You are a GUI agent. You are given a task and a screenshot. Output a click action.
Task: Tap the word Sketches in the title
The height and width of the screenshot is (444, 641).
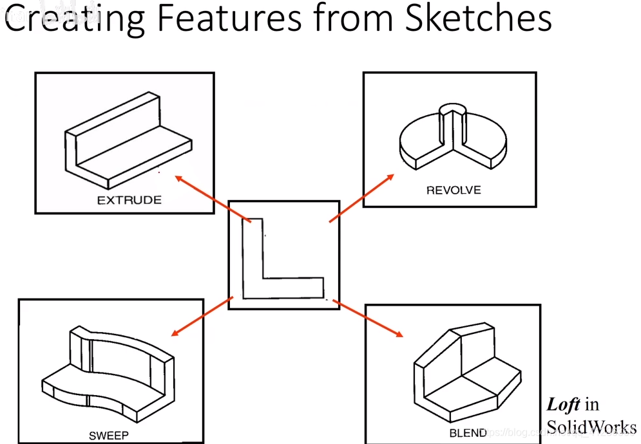point(478,19)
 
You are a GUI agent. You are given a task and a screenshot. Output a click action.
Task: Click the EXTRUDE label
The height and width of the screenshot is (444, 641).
point(129,200)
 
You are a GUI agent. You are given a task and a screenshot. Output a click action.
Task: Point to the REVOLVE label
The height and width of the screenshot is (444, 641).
point(454,190)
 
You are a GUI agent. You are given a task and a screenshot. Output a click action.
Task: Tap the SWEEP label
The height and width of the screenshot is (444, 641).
point(109,435)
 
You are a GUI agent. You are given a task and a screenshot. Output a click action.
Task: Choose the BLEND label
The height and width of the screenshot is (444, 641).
point(468,432)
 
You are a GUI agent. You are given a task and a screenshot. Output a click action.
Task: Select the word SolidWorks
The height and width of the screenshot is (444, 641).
point(591,427)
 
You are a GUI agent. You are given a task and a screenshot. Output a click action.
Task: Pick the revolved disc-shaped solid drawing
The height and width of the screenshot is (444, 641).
point(452,138)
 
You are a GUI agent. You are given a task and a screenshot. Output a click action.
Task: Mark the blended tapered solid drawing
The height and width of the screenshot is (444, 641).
point(467,373)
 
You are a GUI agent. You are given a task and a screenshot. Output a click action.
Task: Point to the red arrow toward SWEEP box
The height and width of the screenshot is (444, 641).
point(202,316)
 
